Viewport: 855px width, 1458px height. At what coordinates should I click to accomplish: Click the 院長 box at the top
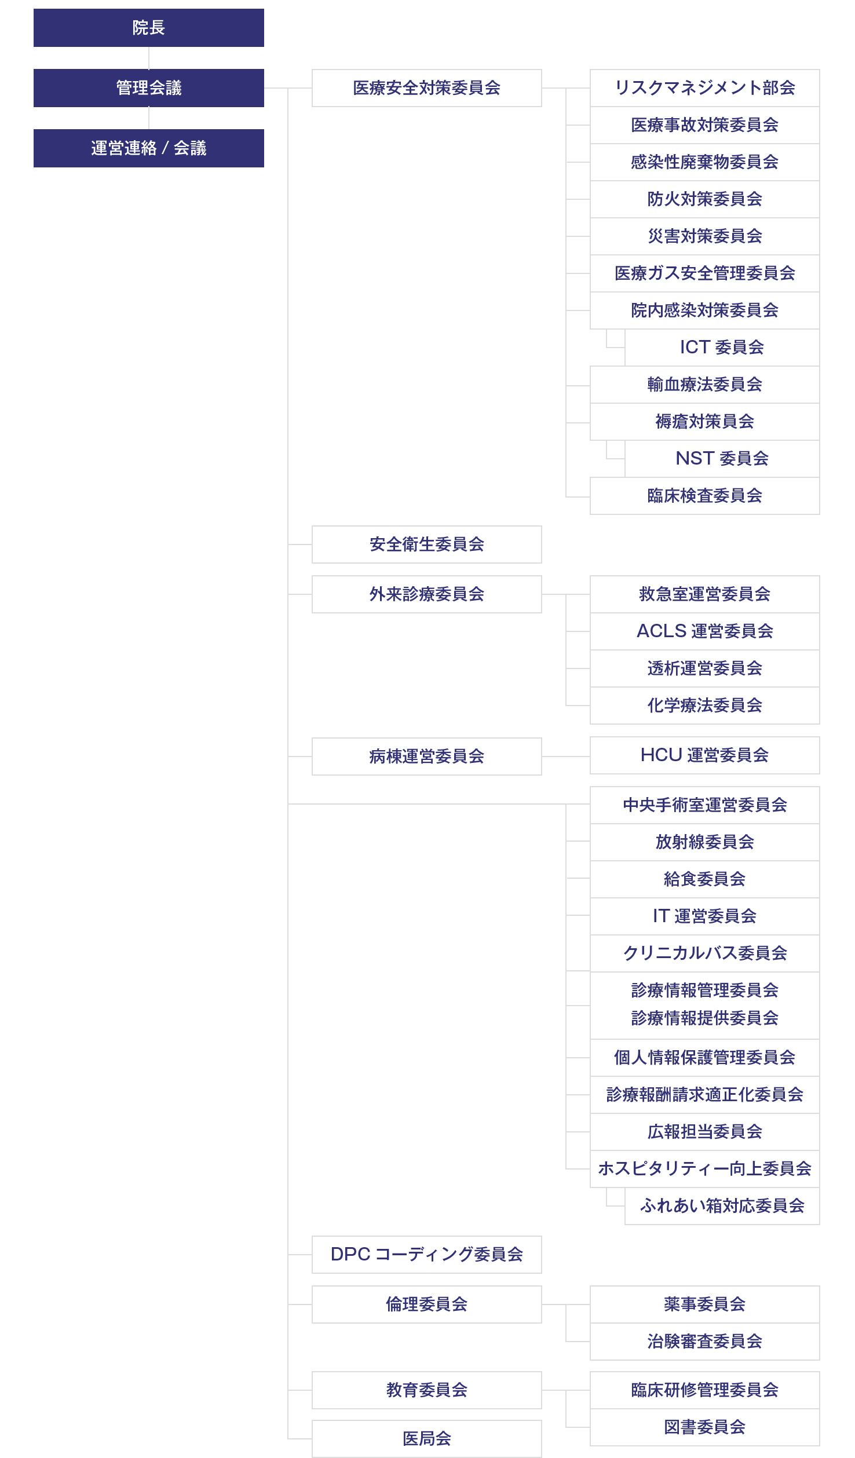pos(149,28)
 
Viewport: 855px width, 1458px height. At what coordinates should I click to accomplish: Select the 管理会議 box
pos(149,88)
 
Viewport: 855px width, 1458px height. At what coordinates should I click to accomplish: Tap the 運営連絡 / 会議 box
pos(149,148)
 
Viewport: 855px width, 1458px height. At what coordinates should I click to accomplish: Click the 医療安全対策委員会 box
pos(427,88)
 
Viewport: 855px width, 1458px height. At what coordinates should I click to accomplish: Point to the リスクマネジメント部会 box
pos(705,88)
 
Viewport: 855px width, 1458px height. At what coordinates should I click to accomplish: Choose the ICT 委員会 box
pos(722,348)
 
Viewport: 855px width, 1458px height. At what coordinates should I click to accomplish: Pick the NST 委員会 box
pos(722,459)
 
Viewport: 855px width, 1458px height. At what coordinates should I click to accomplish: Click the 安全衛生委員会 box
pos(427,545)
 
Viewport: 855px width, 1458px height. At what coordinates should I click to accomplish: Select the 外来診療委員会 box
pos(427,594)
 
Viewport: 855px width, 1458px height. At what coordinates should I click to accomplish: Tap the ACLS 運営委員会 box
pos(705,631)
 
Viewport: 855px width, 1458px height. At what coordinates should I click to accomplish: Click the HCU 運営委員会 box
pos(705,755)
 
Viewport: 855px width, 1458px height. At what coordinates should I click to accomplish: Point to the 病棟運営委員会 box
pos(427,757)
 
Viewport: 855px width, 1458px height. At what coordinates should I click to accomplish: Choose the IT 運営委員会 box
pos(705,916)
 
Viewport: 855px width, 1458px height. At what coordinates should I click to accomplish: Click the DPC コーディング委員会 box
pos(427,1255)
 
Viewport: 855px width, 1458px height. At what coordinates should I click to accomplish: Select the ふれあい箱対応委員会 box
pos(722,1206)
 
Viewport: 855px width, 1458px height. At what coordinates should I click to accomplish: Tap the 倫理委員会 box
pos(427,1304)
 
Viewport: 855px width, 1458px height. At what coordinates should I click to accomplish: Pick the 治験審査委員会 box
pos(705,1342)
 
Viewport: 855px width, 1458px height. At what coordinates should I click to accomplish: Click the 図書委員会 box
pos(705,1427)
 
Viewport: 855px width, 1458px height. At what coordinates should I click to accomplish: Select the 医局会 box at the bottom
pos(427,1439)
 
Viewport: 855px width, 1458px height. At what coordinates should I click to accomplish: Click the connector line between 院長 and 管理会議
pos(149,58)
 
